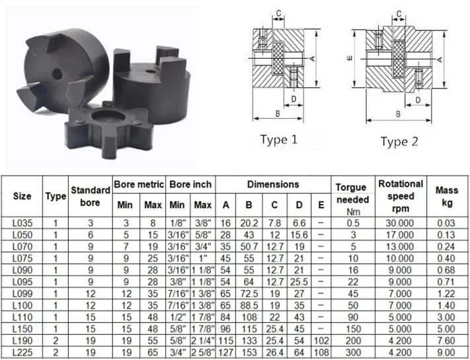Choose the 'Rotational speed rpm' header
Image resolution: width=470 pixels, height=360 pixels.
click(x=400, y=196)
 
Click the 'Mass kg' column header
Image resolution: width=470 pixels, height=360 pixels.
click(x=447, y=196)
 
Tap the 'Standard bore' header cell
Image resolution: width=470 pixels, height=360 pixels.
click(x=90, y=196)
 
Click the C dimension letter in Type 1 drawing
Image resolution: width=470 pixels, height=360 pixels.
click(x=260, y=12)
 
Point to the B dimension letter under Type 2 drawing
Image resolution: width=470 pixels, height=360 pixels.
click(x=399, y=114)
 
